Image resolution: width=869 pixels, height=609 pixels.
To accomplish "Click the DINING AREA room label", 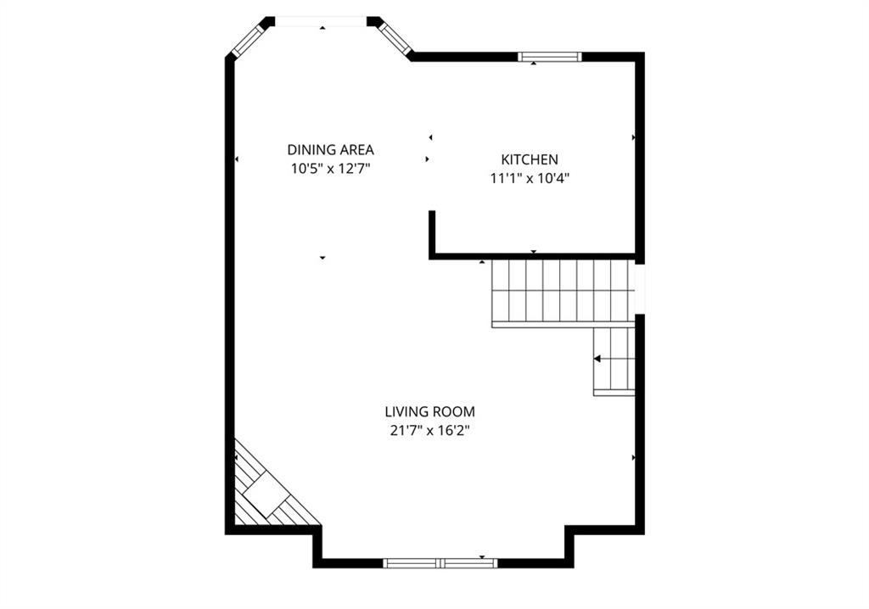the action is (x=330, y=149).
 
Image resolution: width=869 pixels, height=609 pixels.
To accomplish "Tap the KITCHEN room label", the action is (x=530, y=159).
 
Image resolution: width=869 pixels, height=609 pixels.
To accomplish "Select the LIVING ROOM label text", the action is (x=429, y=411).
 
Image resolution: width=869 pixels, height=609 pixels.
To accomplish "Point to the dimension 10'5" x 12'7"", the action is (x=330, y=169).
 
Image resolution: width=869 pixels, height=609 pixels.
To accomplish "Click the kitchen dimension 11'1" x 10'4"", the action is (x=530, y=178).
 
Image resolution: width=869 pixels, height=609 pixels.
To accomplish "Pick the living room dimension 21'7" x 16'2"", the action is (x=429, y=431).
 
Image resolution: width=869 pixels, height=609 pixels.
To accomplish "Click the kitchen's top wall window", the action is (x=550, y=57).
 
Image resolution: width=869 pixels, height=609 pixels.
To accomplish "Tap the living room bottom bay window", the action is (x=440, y=563).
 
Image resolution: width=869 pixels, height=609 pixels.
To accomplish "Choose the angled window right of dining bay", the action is (x=394, y=39).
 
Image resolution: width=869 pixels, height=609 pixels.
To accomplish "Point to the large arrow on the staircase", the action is (x=597, y=359).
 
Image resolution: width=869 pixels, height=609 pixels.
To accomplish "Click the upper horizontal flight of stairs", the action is (x=563, y=291).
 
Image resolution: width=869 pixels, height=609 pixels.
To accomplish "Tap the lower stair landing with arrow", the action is (x=614, y=361).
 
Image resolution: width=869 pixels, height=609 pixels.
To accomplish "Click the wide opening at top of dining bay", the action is (x=321, y=21).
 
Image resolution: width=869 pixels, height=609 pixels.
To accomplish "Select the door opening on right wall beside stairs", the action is (x=640, y=288).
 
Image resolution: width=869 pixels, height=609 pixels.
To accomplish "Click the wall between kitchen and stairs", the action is (x=535, y=256).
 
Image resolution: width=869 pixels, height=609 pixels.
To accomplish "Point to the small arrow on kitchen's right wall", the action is (x=633, y=137).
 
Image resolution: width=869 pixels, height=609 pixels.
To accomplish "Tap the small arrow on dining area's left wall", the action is (x=237, y=159).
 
